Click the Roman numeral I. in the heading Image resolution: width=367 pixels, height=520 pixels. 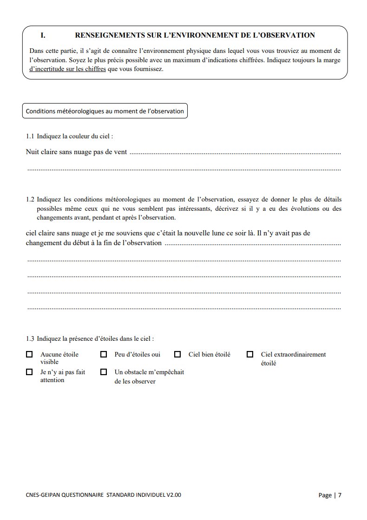[43, 35]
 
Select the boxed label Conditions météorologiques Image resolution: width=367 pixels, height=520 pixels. [105, 111]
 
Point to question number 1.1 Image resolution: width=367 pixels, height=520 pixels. [30, 136]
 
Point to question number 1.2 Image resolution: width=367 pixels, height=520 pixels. [30, 200]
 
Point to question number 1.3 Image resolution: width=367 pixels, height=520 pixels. [30, 339]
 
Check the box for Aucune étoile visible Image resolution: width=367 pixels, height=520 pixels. [29, 355]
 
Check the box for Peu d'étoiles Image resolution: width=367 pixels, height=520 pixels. [104, 355]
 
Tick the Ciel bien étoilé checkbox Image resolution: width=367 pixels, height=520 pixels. [177, 355]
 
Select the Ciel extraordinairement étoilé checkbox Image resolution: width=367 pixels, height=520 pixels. [250, 355]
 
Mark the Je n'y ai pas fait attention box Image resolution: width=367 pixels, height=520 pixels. [29, 372]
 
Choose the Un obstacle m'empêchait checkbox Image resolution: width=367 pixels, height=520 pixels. [104, 372]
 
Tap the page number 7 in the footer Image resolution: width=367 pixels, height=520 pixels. [340, 495]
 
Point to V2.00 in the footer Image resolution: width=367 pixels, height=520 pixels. [173, 495]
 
